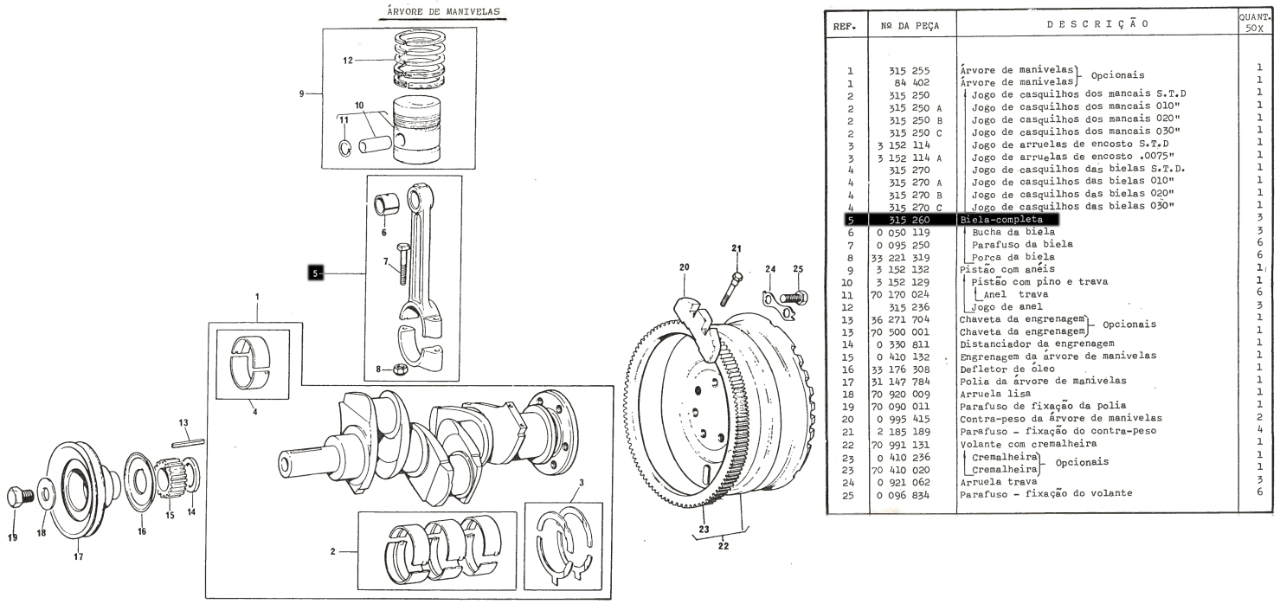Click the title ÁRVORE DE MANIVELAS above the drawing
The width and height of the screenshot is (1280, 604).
click(443, 11)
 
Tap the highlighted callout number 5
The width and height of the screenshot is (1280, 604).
click(315, 273)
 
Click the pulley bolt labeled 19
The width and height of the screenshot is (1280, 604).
click(17, 498)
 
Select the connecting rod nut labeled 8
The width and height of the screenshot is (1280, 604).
click(401, 369)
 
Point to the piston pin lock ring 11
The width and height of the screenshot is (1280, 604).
click(344, 147)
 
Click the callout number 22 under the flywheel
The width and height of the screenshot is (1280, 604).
click(724, 546)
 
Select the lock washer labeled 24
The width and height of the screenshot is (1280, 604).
click(780, 304)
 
